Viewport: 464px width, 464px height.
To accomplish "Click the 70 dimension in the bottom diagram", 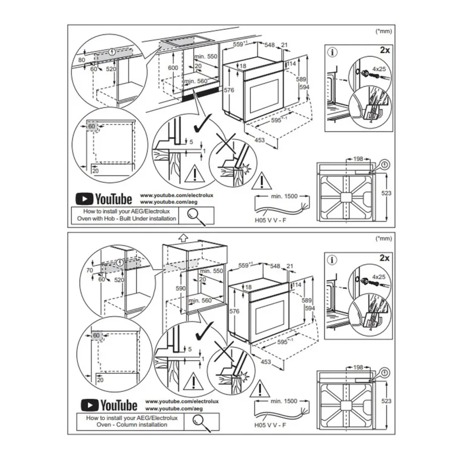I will [x=90, y=270].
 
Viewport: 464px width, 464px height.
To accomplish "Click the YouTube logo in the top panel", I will [x=104, y=199].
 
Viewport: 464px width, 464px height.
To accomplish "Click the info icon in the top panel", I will [x=333, y=52].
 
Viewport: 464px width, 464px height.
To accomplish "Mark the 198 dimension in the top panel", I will [x=358, y=159].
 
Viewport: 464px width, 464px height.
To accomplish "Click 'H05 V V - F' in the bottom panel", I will [x=270, y=425].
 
